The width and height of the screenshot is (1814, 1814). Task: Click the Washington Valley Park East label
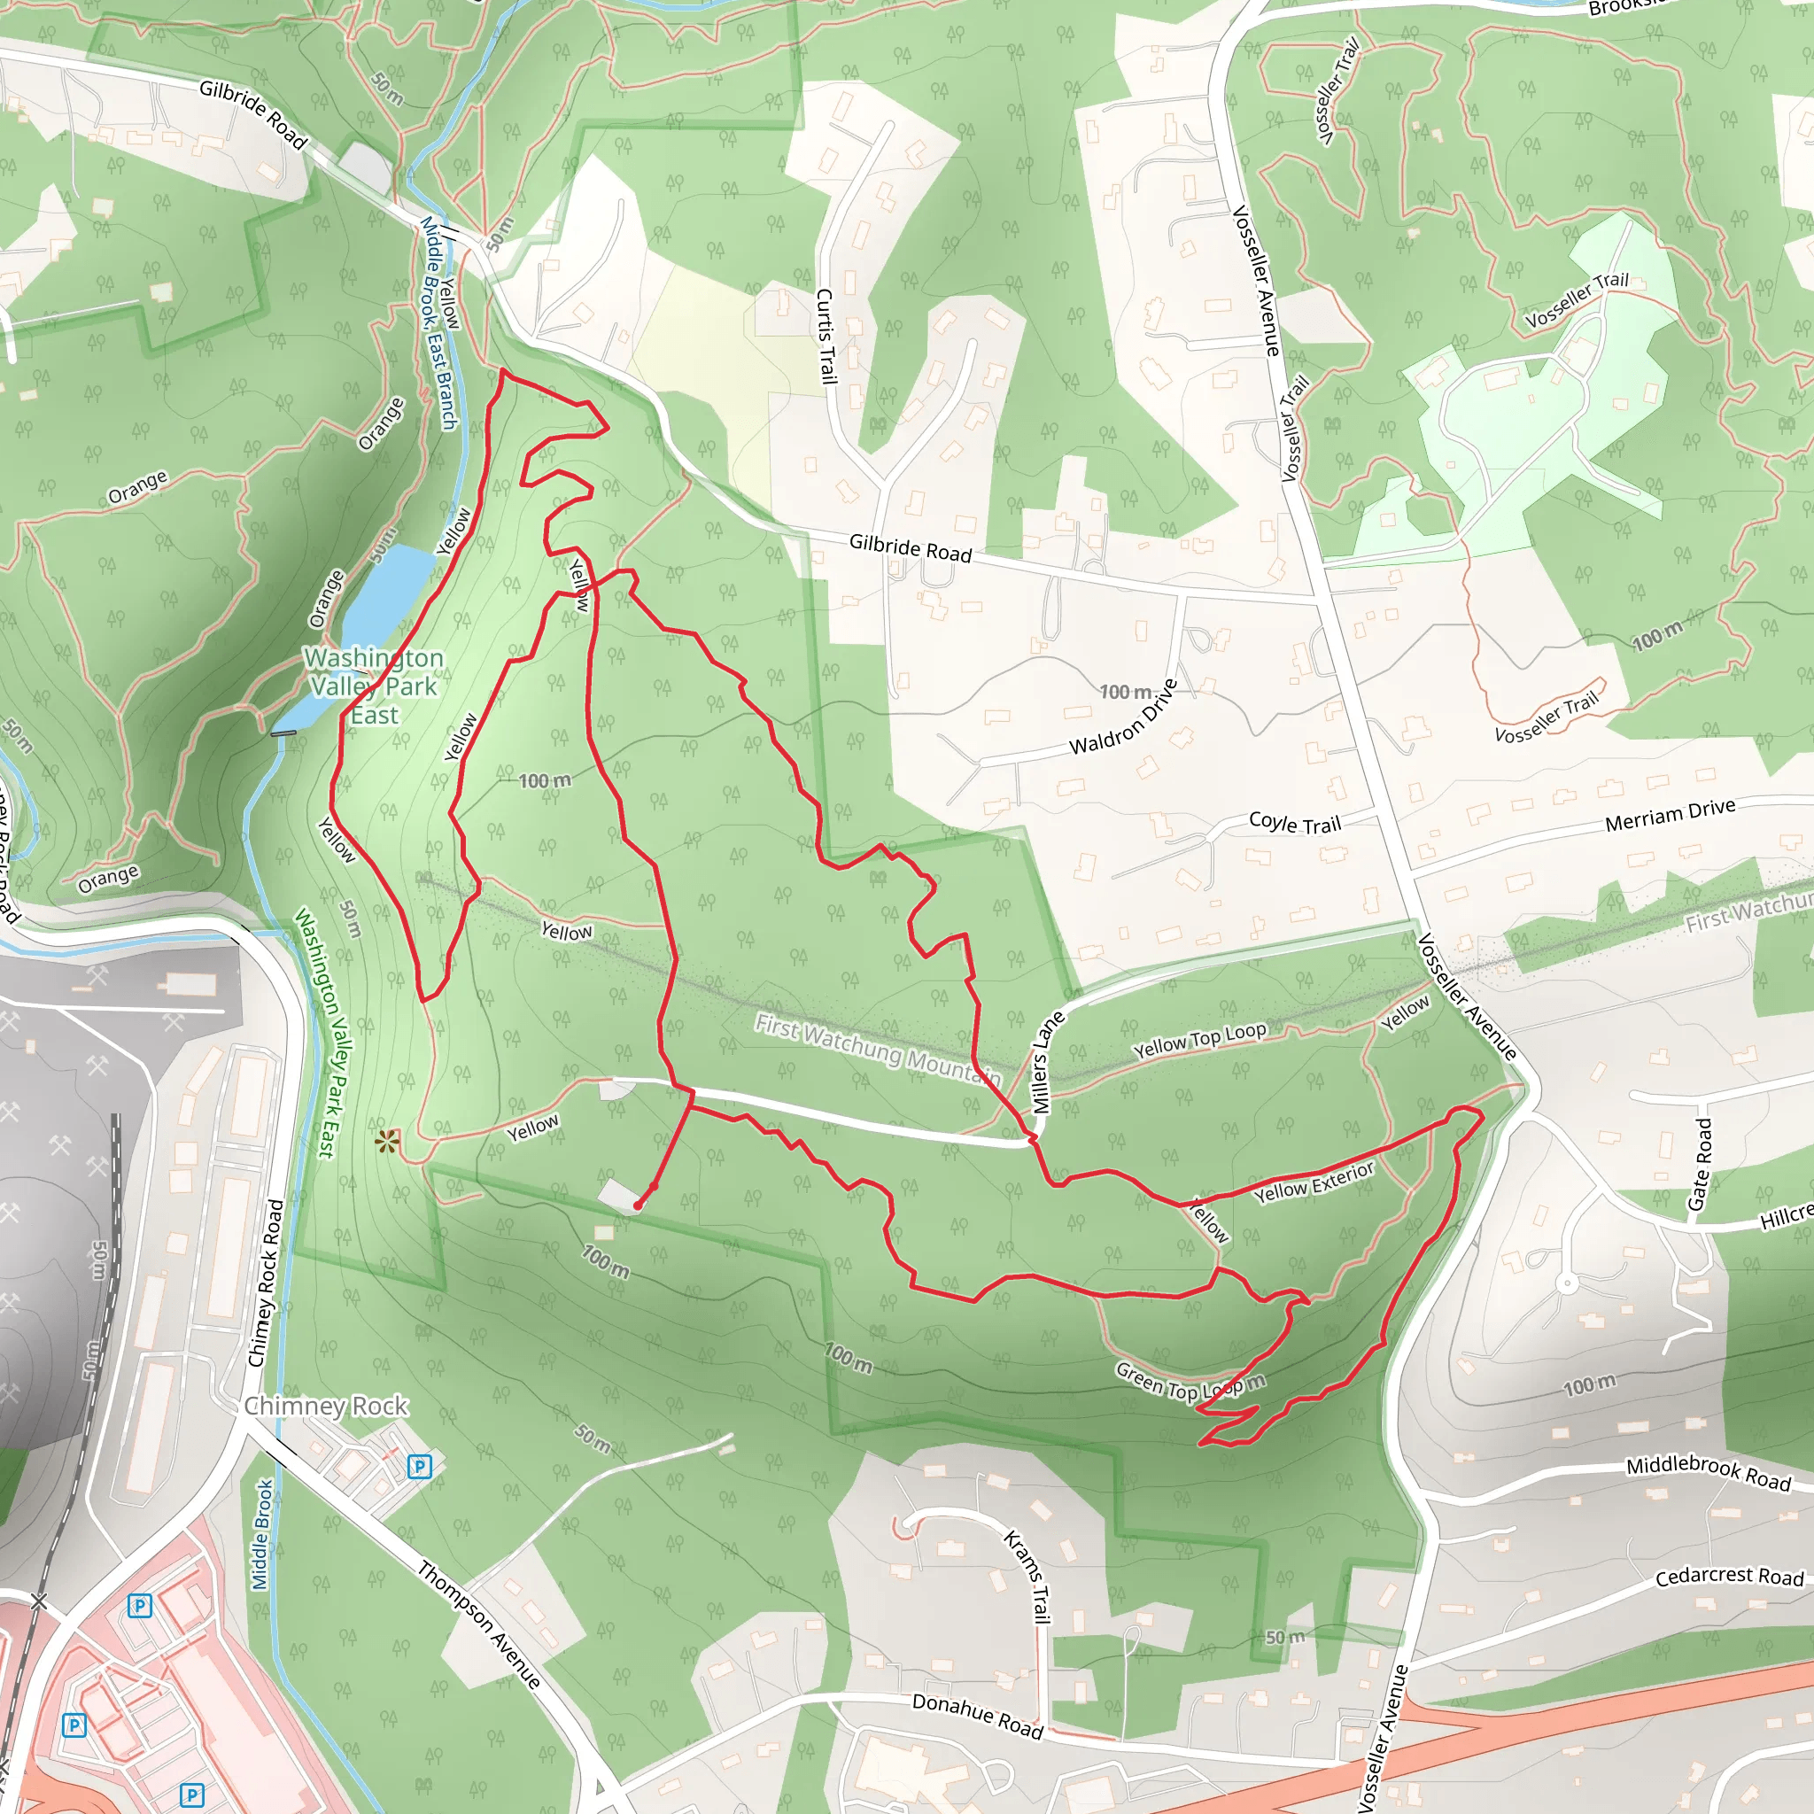[374, 686]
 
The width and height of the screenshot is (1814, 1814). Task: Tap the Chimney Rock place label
[326, 1406]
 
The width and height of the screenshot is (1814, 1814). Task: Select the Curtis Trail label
[826, 336]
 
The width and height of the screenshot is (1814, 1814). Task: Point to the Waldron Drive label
[1123, 717]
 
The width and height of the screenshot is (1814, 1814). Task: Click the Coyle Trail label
[1295, 824]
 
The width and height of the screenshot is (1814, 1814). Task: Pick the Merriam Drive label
[1671, 815]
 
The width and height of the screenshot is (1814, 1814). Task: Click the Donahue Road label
[978, 1716]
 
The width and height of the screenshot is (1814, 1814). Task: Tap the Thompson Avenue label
[479, 1624]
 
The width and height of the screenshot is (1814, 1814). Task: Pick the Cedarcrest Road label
[1730, 1577]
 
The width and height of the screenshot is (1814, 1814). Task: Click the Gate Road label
[1700, 1164]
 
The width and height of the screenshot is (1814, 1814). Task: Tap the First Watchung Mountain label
[878, 1050]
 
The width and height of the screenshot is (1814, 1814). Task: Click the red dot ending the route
[638, 1205]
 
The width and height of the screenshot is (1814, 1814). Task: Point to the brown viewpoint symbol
[386, 1142]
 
